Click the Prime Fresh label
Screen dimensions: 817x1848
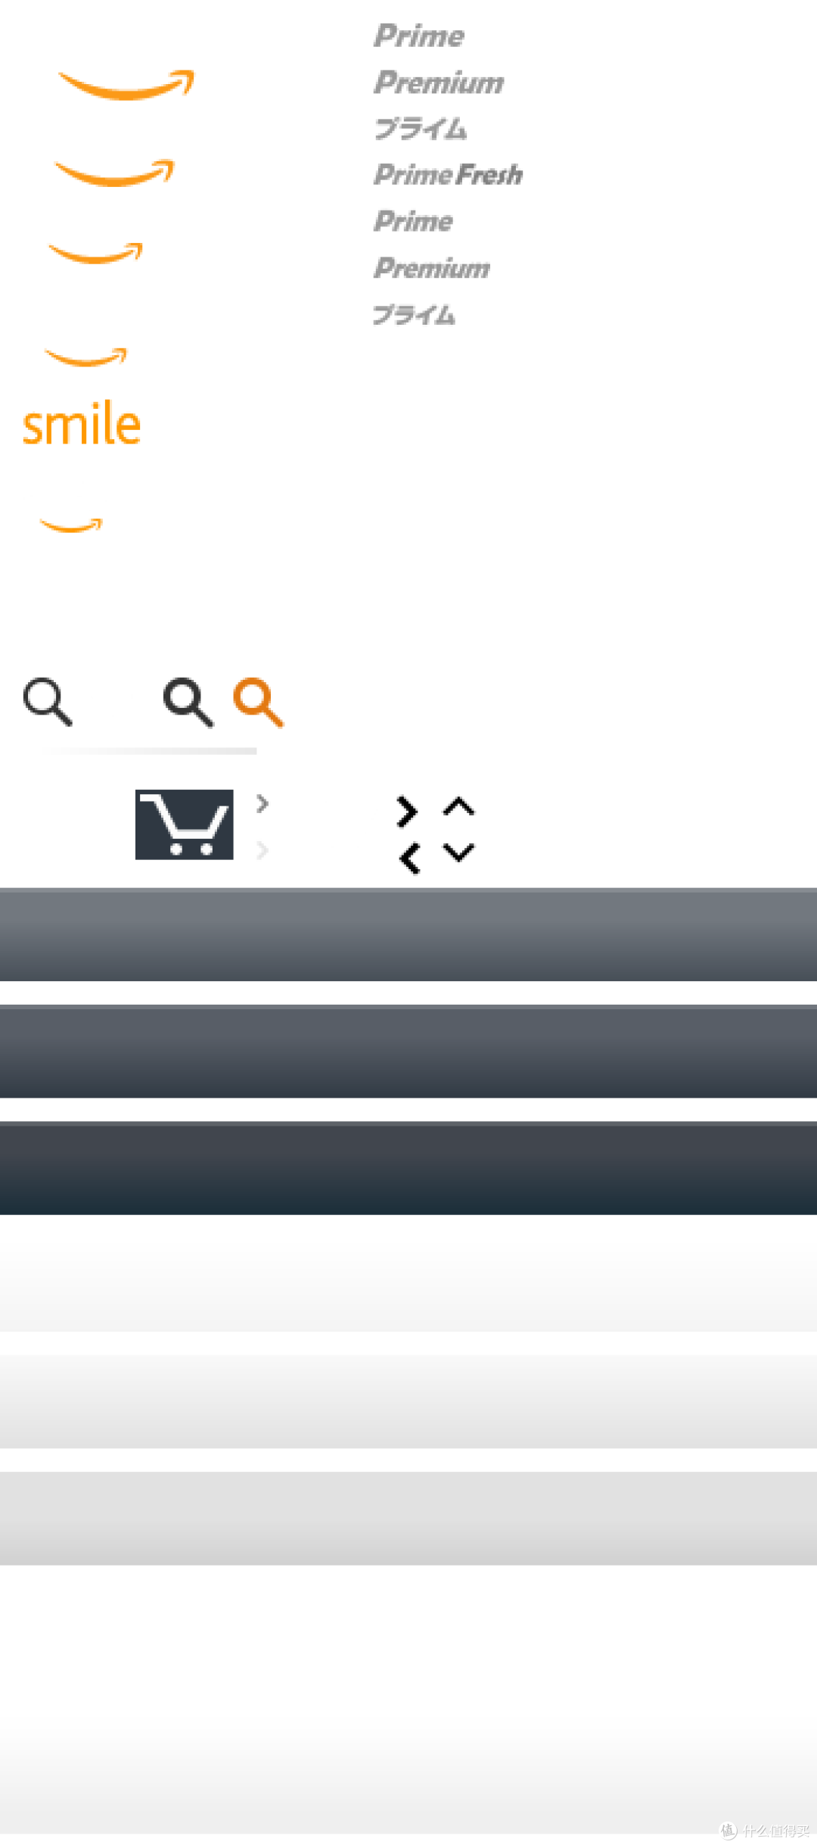coord(448,175)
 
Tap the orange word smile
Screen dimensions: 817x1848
coord(82,423)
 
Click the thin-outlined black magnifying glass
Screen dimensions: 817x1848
coord(48,702)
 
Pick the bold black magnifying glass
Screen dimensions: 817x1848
coord(188,702)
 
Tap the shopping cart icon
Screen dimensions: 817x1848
coord(184,824)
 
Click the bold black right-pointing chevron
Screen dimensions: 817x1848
coord(407,812)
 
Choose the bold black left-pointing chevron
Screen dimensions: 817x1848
coord(409,859)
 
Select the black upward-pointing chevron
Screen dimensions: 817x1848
coord(458,806)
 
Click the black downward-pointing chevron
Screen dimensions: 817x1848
coord(458,852)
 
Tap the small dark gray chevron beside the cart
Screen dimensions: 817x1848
coord(262,803)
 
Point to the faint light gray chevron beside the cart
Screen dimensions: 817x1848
coord(262,850)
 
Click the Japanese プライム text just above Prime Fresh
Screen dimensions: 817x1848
coord(421,129)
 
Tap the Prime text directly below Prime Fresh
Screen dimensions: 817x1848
coord(413,221)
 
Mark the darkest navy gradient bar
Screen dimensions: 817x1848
coord(408,1168)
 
